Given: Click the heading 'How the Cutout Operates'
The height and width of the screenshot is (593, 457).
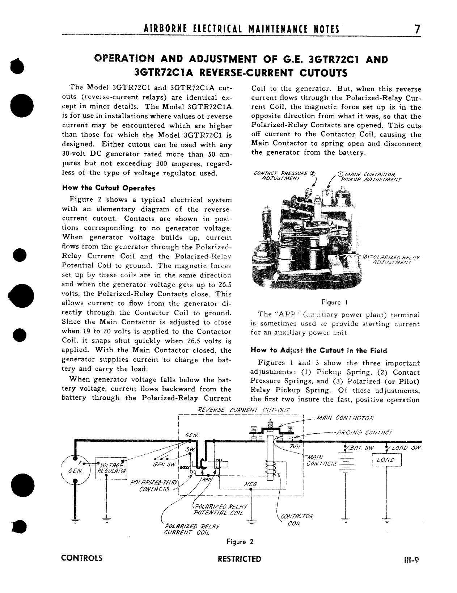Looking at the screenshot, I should pyautogui.click(x=109, y=188).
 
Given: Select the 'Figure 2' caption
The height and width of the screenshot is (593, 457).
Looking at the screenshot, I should pyautogui.click(x=240, y=542).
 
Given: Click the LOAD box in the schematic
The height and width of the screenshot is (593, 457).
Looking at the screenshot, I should pyautogui.click(x=386, y=460).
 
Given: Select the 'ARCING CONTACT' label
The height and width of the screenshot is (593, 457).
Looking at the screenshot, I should pyautogui.click(x=364, y=432).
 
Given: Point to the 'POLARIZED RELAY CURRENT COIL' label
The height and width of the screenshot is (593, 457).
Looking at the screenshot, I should pyautogui.click(x=192, y=529).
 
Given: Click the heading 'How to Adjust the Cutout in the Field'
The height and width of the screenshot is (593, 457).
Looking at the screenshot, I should pyautogui.click(x=318, y=350).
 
